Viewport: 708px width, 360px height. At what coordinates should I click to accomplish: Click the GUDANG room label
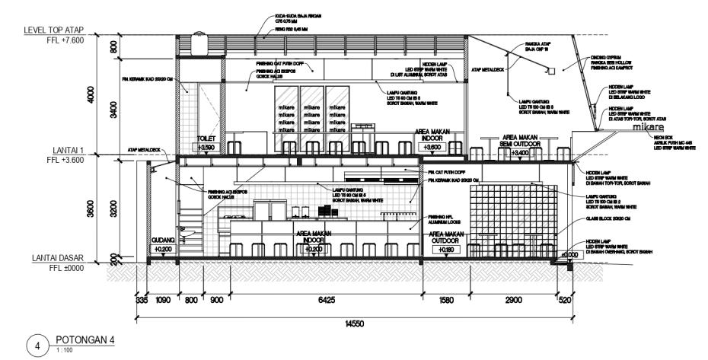(163, 240)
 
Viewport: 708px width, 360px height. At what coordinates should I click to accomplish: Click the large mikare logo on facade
(650, 129)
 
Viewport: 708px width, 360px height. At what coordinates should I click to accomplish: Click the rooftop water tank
(201, 44)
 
